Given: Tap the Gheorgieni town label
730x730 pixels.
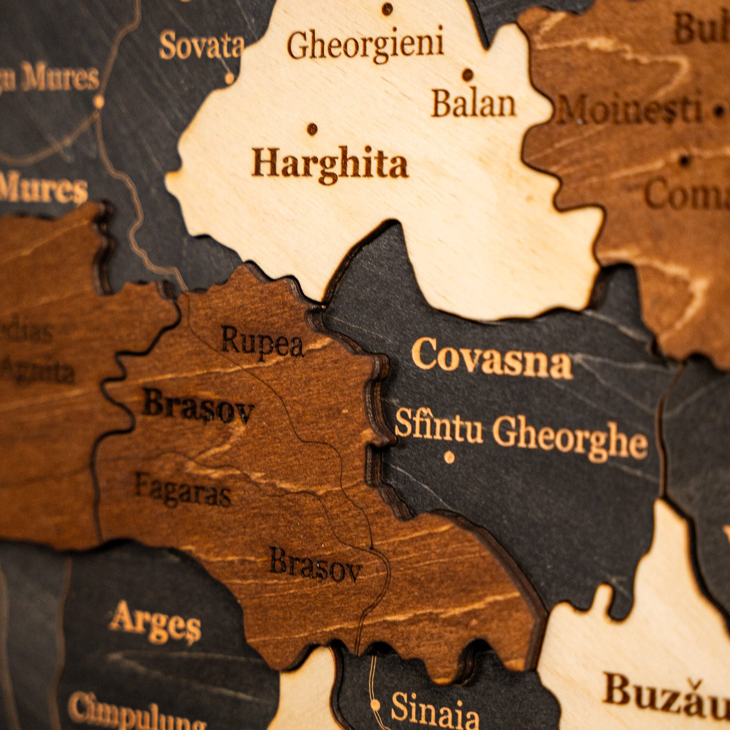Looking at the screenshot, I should pyautogui.click(x=365, y=45).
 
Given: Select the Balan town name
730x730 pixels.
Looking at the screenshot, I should pyautogui.click(x=473, y=104).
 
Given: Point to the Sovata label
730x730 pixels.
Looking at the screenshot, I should pyautogui.click(x=202, y=46).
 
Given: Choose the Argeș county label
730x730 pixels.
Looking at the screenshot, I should pyautogui.click(x=155, y=623).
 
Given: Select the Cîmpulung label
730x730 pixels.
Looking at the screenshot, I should pyautogui.click(x=136, y=711).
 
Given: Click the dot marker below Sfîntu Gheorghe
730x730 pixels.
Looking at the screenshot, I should pyautogui.click(x=449, y=457).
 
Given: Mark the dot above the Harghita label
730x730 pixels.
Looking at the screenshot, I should pyautogui.click(x=312, y=129).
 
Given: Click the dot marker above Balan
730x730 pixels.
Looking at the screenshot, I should pyautogui.click(x=468, y=74).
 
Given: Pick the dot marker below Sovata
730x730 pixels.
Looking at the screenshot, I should pyautogui.click(x=229, y=78).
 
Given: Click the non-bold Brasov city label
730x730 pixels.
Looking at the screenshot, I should pyautogui.click(x=316, y=565).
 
